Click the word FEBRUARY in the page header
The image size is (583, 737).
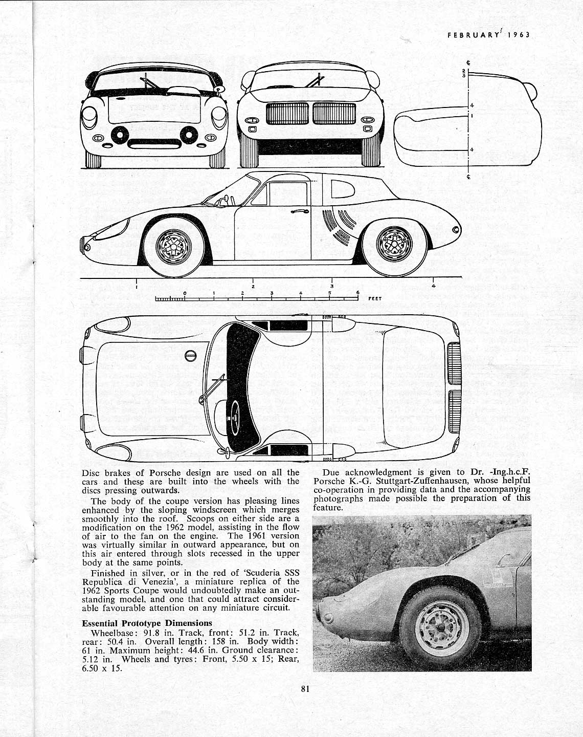tap(473, 35)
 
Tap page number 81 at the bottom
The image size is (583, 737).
tap(305, 688)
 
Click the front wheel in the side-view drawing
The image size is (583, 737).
tap(174, 246)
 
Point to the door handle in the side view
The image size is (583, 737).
tap(299, 210)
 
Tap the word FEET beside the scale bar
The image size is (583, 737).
tap(375, 298)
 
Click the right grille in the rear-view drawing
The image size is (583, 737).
tap(334, 113)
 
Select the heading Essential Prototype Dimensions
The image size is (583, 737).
tap(147, 623)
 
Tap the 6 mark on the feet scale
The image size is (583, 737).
tap(358, 293)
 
